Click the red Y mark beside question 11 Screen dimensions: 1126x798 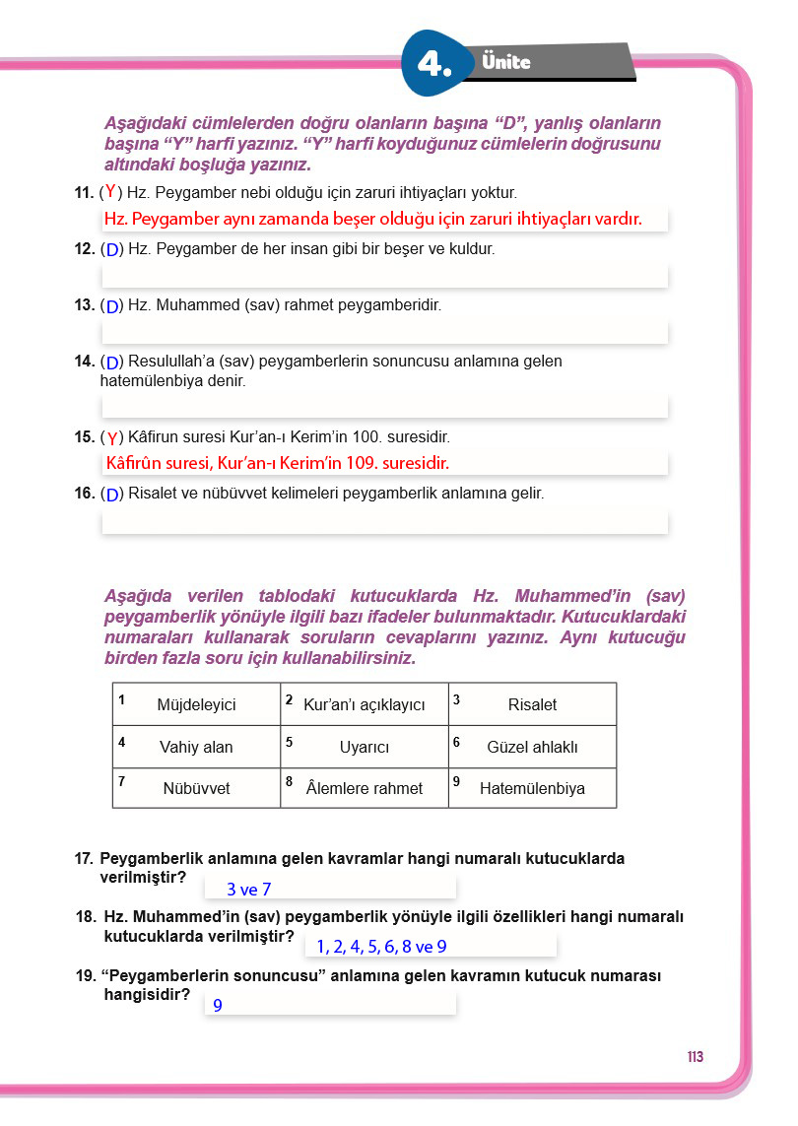pyautogui.click(x=111, y=191)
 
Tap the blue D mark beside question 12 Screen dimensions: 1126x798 pyautogui.click(x=113, y=250)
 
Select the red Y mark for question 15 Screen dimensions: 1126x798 pyautogui.click(x=113, y=437)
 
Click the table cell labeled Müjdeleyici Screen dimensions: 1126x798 pyautogui.click(x=196, y=704)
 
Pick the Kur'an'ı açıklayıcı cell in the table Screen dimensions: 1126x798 pyautogui.click(x=364, y=704)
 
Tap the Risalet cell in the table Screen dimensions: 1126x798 pyautogui.click(x=532, y=704)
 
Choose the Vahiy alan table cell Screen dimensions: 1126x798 pyautogui.click(x=196, y=747)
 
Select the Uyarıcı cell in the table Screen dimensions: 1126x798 pyautogui.click(x=364, y=747)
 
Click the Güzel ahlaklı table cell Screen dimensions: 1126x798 pyautogui.click(x=532, y=747)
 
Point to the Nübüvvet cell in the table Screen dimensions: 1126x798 pyautogui.click(x=196, y=788)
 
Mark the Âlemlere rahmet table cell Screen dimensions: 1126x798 pyautogui.click(x=364, y=788)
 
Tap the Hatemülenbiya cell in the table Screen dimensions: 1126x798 pyautogui.click(x=532, y=788)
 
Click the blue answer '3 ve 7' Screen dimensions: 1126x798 pyautogui.click(x=248, y=890)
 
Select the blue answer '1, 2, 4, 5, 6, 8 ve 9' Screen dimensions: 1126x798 pyautogui.click(x=381, y=947)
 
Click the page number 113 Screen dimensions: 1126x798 pyautogui.click(x=696, y=1057)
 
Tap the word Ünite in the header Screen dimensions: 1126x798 pyautogui.click(x=507, y=62)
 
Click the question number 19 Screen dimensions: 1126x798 pyautogui.click(x=84, y=976)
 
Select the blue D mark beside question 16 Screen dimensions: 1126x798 pyautogui.click(x=113, y=495)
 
